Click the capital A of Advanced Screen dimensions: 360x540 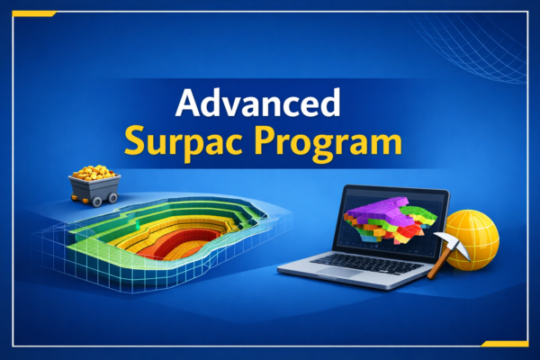187,104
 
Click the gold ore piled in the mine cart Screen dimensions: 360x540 94,171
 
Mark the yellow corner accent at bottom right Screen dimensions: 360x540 504,344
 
